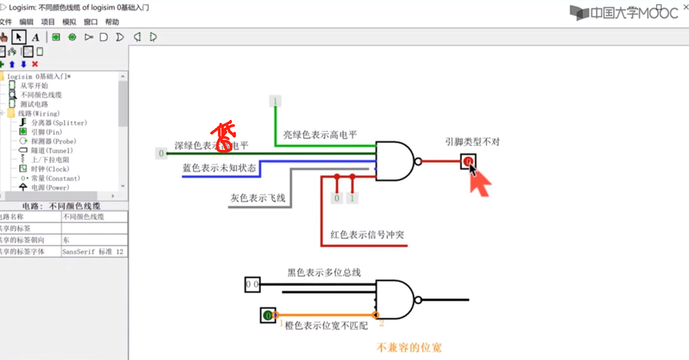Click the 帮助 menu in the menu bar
tap(112, 22)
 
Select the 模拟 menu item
tap(69, 22)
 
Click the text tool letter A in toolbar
tap(35, 37)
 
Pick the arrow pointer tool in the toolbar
tap(19, 37)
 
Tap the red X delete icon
tap(35, 64)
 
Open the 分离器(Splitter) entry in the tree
tap(59, 123)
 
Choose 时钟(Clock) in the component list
tap(55, 169)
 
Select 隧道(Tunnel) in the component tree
tap(52, 151)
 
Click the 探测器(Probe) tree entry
tap(53, 141)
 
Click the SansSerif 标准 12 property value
tap(93, 252)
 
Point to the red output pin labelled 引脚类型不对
tap(468, 161)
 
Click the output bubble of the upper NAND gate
tap(418, 162)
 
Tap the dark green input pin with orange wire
tap(268, 315)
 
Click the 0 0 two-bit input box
tap(252, 284)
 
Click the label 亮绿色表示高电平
tap(320, 135)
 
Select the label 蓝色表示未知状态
tap(219, 168)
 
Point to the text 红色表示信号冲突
tap(367, 235)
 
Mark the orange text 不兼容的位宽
tap(409, 348)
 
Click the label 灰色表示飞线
tap(258, 198)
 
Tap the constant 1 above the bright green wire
tap(275, 101)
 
